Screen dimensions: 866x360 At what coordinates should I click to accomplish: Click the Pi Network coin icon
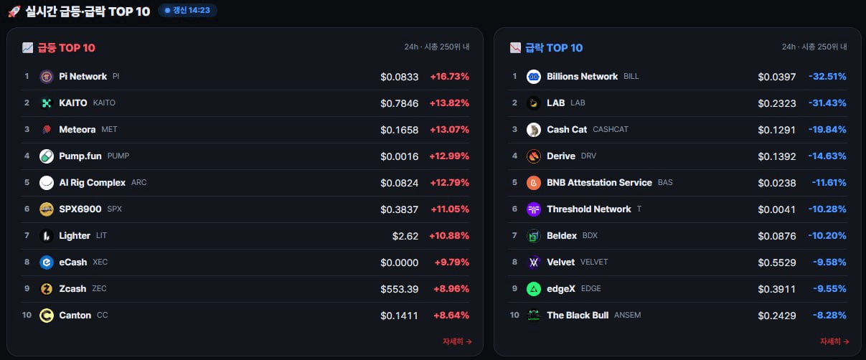click(47, 77)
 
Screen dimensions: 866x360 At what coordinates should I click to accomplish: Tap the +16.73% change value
click(450, 77)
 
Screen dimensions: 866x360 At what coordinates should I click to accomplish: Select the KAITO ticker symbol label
click(104, 103)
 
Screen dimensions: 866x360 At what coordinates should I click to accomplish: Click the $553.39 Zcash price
click(400, 289)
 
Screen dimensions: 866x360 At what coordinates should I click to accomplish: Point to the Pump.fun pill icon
click(47, 156)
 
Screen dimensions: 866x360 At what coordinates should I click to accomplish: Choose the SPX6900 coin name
click(80, 209)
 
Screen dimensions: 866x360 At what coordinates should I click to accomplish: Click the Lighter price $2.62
click(405, 236)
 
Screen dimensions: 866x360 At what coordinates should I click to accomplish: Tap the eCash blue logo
click(47, 262)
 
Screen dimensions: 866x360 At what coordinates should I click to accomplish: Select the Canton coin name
click(75, 316)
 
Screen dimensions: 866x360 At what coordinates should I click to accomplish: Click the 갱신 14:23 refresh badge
click(187, 11)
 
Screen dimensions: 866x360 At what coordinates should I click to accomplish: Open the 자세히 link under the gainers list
click(457, 341)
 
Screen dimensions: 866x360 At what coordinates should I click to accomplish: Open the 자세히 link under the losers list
click(834, 341)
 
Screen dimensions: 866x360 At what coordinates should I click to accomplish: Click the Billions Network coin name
click(582, 77)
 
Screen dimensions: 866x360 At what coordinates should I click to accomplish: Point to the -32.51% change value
click(827, 77)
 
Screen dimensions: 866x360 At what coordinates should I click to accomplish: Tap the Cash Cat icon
click(534, 130)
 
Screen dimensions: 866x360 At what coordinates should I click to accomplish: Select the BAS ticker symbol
click(665, 182)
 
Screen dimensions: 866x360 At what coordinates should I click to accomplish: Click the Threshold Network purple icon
click(534, 209)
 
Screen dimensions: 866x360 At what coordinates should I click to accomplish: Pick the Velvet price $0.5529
click(777, 262)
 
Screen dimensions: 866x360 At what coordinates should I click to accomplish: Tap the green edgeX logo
click(534, 289)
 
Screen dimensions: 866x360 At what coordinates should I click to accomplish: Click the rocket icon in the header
click(14, 11)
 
